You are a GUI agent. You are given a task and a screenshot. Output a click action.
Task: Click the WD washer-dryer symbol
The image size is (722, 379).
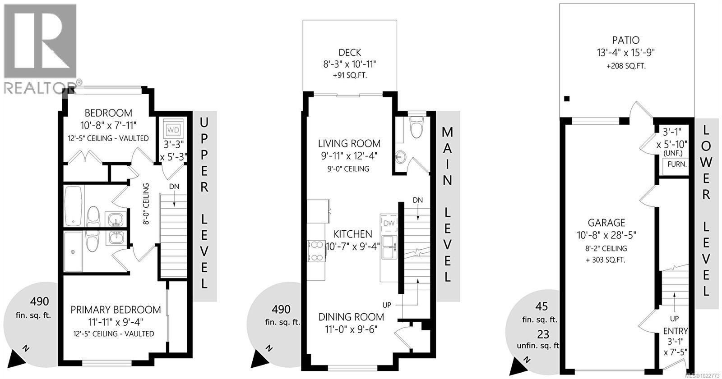point(173,130)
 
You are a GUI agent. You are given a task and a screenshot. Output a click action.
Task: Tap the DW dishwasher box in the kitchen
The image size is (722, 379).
point(389,223)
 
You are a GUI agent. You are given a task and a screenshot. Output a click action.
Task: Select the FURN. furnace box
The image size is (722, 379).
point(677,164)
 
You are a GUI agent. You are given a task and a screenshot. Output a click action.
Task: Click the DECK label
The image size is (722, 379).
point(350,53)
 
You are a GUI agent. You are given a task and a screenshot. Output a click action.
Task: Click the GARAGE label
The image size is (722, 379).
point(606,223)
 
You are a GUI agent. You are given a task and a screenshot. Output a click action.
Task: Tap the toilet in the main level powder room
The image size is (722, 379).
point(416,128)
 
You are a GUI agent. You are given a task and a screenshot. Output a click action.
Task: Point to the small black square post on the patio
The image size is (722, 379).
point(567,99)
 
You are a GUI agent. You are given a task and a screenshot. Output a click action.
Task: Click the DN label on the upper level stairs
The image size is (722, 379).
point(174,187)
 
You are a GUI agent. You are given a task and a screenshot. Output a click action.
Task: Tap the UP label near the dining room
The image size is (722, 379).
point(387,305)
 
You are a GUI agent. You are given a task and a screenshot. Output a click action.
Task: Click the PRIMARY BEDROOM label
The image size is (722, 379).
point(116,310)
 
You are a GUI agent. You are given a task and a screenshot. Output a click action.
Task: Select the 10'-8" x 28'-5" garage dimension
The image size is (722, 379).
point(606,235)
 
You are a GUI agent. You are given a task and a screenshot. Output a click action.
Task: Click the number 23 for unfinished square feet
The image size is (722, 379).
point(543,334)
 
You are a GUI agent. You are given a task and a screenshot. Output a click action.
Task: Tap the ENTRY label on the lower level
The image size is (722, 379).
point(676,332)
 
